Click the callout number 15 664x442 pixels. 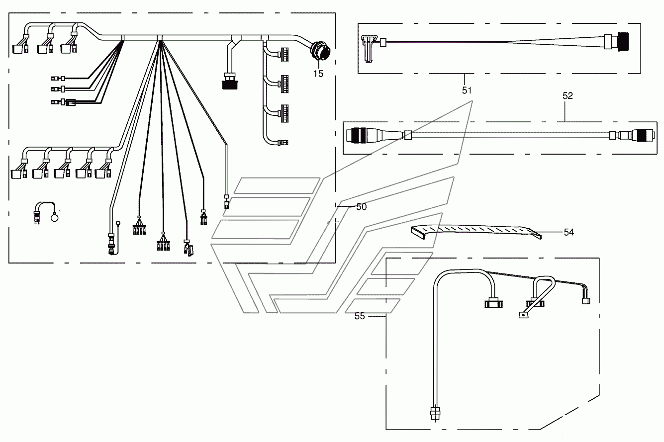(318, 74)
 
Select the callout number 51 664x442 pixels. (467, 90)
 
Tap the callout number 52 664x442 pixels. (568, 95)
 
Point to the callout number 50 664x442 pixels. (362, 207)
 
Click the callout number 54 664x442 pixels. (569, 232)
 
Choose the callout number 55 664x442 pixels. (360, 316)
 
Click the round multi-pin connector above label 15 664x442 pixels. (320, 51)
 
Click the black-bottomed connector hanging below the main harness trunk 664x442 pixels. (230, 81)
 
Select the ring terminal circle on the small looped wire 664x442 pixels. (55, 218)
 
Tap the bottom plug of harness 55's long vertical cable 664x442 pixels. (435, 413)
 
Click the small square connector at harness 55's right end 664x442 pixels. (586, 301)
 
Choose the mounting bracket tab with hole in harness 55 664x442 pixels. (524, 315)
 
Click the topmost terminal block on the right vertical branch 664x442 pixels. (284, 55)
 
